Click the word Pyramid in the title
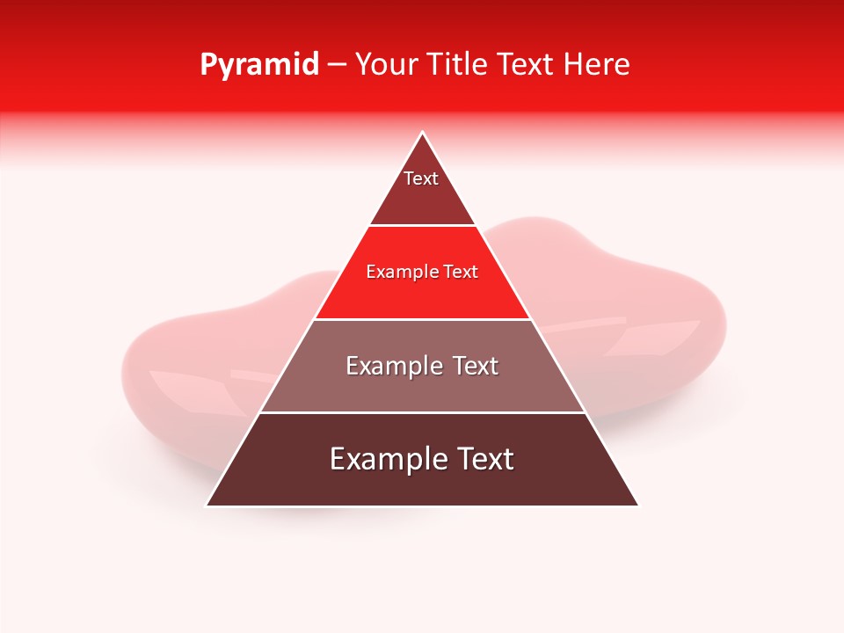(258, 65)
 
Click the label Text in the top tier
(421, 178)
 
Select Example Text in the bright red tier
(422, 273)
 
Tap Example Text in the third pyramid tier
(422, 366)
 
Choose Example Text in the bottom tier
(422, 459)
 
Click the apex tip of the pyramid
(422, 134)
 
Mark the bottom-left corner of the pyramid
(207, 505)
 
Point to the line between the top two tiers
(422, 226)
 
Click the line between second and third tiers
(422, 319)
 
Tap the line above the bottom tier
(422, 412)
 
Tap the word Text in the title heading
(526, 65)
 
